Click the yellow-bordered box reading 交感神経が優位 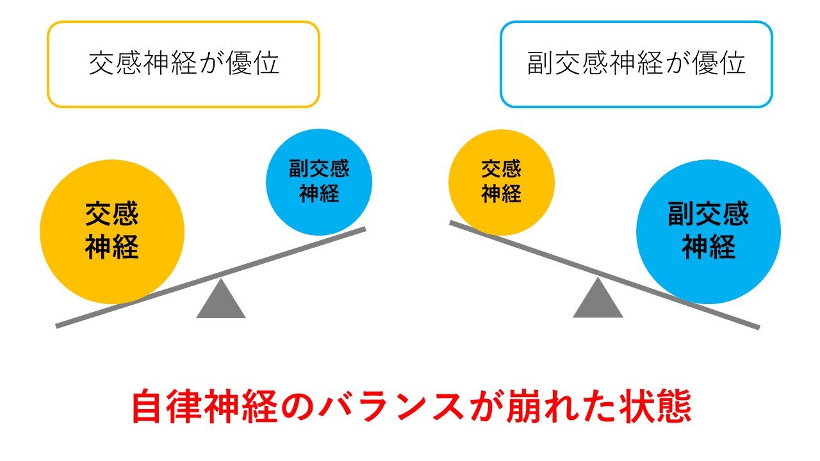183,64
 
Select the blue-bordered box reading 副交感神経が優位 636,64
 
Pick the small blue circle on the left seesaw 319,181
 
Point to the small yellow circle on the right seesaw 501,181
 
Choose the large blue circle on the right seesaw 708,232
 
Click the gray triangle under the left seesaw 221,300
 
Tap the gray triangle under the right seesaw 598,300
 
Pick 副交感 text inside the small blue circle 319,170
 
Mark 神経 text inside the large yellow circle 112,247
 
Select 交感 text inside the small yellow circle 501,170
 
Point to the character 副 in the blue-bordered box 539,64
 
